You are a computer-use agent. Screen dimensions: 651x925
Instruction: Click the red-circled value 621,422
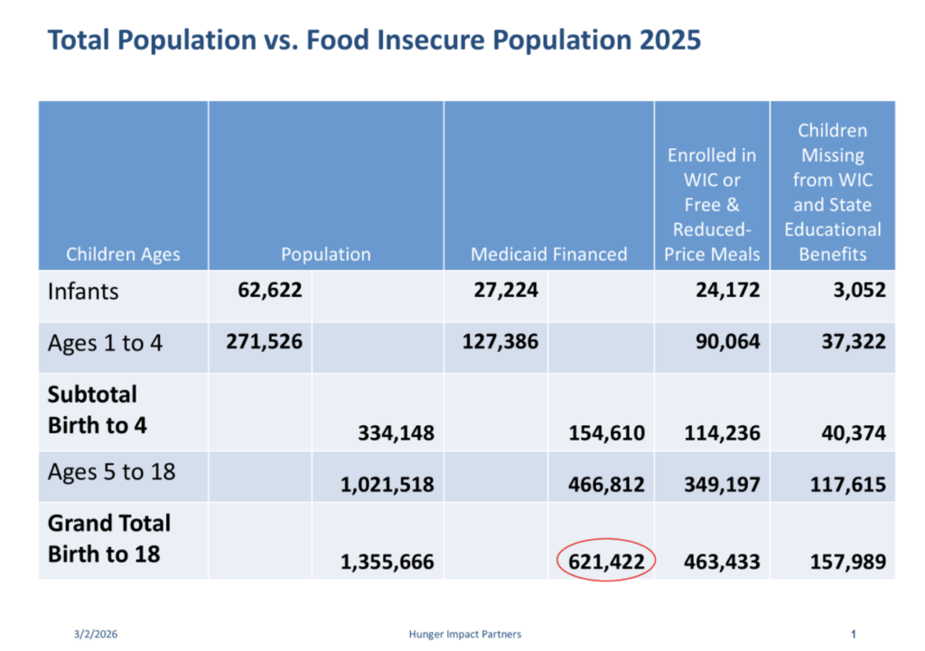606,562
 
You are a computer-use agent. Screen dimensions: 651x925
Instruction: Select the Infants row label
83,291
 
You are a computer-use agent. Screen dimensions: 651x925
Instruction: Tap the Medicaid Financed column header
548,254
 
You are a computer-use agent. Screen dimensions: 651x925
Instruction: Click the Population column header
325,254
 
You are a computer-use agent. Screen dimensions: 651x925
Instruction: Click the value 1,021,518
387,485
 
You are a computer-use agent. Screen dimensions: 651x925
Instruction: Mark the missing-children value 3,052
858,291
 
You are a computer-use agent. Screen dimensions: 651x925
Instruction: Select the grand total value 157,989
846,563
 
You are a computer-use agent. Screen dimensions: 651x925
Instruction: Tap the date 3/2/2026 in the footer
96,634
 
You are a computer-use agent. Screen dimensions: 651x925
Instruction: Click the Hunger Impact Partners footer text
464,634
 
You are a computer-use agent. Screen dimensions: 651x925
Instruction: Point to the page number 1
854,634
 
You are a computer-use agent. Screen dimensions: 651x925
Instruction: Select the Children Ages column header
123,254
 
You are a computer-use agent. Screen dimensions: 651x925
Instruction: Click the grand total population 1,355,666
387,563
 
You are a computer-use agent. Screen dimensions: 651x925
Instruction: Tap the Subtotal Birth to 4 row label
93,410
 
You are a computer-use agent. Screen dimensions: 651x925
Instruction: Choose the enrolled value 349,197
712,485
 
